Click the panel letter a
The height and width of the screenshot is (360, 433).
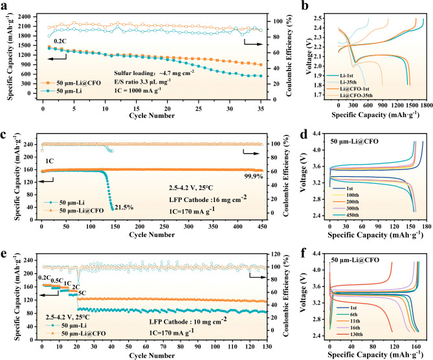click(5, 5)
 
